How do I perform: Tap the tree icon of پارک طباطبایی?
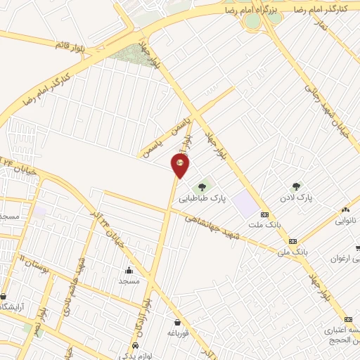point(202,187)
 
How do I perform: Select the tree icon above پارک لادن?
point(296,187)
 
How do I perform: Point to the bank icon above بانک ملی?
point(292,240)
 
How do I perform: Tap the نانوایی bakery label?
point(345,220)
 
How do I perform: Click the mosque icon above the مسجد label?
point(129,271)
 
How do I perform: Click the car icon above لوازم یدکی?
point(134,347)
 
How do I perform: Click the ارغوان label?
point(345,258)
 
